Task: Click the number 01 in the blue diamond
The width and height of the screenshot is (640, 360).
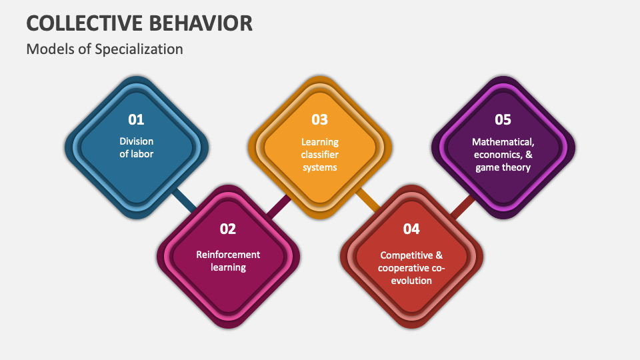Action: tap(136, 120)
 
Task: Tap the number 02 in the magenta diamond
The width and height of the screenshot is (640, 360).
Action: tap(228, 229)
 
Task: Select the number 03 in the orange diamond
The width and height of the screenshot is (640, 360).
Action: tap(320, 120)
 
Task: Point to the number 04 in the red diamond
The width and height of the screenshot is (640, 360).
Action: tap(411, 229)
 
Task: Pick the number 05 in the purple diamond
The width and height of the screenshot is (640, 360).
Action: tap(503, 120)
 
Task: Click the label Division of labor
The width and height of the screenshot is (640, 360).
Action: tap(136, 147)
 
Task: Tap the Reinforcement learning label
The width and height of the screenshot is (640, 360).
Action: tap(228, 261)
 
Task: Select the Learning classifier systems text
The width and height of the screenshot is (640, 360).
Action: tap(320, 154)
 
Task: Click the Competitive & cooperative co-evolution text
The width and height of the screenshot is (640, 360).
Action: tap(411, 267)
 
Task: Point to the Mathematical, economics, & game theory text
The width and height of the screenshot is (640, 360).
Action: tap(503, 154)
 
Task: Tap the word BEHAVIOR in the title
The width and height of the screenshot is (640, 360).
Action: tap(207, 23)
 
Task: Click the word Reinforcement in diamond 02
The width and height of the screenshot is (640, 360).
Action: tap(228, 254)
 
